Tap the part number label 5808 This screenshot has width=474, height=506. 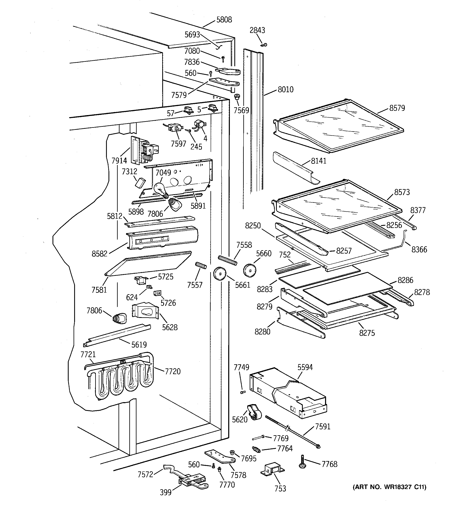click(x=224, y=20)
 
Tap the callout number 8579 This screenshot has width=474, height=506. click(x=397, y=108)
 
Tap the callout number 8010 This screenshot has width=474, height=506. click(x=285, y=89)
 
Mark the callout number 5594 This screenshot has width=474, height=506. click(x=305, y=367)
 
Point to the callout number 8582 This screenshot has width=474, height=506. click(x=99, y=254)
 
